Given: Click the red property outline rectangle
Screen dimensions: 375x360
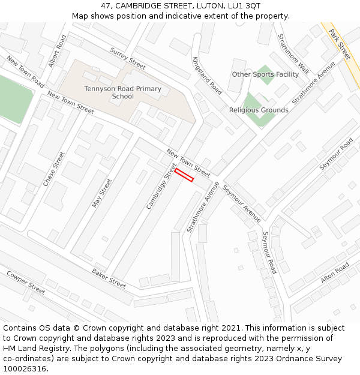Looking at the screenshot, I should (x=184, y=175).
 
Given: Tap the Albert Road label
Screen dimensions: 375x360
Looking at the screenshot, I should (x=58, y=51).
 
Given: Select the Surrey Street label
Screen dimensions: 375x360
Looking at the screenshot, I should (x=128, y=58).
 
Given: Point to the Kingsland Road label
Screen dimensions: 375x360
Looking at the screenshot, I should (x=207, y=76).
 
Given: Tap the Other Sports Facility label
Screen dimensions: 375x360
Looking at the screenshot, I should (x=265, y=74).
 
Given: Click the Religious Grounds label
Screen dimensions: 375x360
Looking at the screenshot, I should (x=259, y=110).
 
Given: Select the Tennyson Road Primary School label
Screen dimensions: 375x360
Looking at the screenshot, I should (x=122, y=92).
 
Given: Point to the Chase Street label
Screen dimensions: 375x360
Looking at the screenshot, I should (x=54, y=169).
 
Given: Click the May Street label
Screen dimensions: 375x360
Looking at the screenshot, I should (x=102, y=193).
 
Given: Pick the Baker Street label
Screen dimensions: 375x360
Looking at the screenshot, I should (x=109, y=278).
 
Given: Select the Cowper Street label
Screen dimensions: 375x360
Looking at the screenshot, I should (x=26, y=283).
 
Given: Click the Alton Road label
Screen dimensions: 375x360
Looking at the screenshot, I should (x=335, y=274).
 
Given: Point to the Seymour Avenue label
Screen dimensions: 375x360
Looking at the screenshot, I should (x=242, y=203).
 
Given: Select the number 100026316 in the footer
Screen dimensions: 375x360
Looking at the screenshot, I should (x=26, y=368).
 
